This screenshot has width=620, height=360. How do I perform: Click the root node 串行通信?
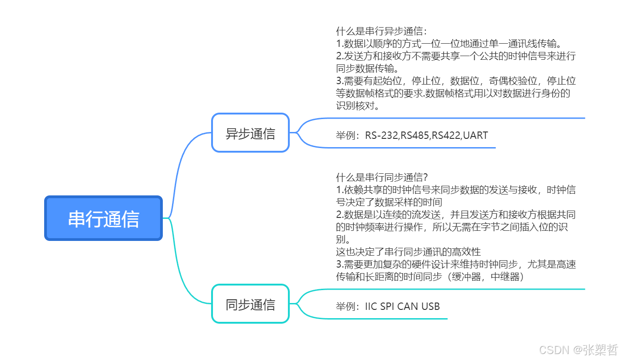[103, 218]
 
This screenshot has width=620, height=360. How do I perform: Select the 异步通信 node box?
[250, 133]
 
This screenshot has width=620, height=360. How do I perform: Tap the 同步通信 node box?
[250, 304]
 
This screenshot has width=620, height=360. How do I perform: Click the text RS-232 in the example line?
[382, 136]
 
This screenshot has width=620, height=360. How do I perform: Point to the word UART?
[475, 136]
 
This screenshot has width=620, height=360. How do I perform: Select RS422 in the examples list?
[446, 136]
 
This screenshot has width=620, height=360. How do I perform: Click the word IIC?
[371, 307]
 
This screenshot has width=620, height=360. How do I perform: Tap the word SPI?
[387, 307]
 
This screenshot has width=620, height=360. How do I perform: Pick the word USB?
[430, 307]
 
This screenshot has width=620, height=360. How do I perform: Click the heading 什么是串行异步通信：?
[382, 32]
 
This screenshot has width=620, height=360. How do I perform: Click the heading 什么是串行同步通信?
[382, 177]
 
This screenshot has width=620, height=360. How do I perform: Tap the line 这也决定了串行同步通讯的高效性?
[408, 252]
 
